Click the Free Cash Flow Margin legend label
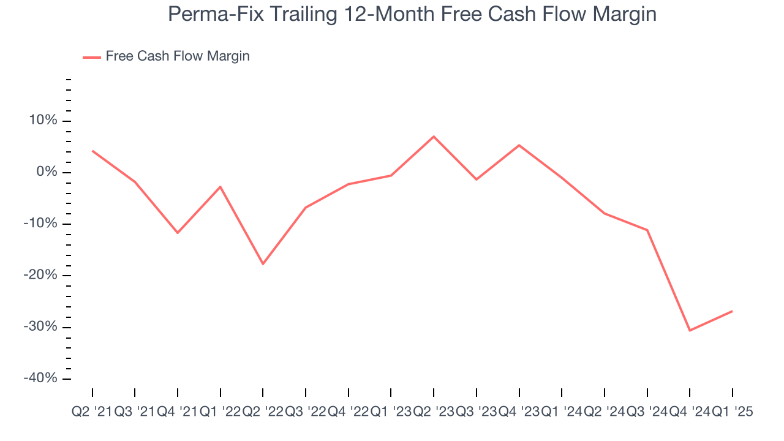pos(178,56)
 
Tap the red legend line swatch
pos(92,57)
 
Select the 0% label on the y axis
pos(47,172)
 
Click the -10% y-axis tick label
pos(40,224)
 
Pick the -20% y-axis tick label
pos(40,275)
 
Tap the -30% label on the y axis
pos(40,326)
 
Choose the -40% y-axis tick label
pos(40,378)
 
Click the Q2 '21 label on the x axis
pos(92,412)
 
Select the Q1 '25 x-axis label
pos(733,412)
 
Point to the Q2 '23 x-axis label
pos(434,412)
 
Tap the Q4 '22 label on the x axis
pos(349,412)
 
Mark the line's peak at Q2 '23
pos(434,136)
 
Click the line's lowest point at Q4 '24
pos(690,331)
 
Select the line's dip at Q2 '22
pos(263,264)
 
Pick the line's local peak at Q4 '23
pos(519,145)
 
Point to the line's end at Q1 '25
pos(733,311)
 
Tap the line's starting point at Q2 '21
pos(92,151)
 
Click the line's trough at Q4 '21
pos(178,233)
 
